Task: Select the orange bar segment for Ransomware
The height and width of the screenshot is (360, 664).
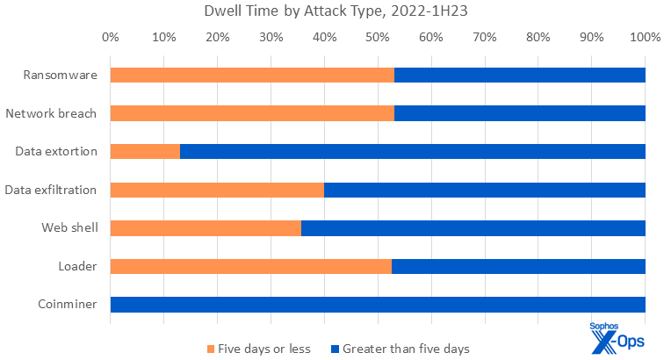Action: (x=252, y=75)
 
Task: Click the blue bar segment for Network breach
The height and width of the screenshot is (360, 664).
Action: (x=520, y=113)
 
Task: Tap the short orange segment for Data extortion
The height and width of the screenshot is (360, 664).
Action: (x=145, y=151)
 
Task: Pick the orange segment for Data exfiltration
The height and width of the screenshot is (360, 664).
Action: (x=217, y=190)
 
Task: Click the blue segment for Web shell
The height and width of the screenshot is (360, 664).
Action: (x=473, y=228)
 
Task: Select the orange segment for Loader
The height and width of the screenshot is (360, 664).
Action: (x=250, y=266)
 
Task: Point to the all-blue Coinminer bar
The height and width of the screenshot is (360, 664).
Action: (x=378, y=305)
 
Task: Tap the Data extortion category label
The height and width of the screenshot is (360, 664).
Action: (x=56, y=151)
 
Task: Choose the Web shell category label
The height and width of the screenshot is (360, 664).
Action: (x=69, y=228)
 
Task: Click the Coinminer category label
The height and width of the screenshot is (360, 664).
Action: (x=68, y=305)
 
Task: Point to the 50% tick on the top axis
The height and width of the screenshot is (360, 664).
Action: (x=378, y=38)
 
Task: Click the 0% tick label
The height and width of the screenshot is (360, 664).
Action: (x=111, y=38)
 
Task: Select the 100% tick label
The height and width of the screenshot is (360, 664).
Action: (x=645, y=38)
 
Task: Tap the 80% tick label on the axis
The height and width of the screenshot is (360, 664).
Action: (x=538, y=38)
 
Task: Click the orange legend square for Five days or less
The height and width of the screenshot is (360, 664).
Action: (x=212, y=349)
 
